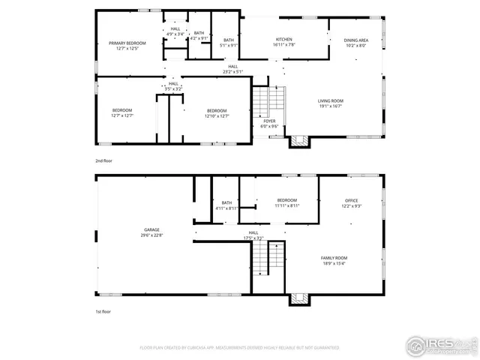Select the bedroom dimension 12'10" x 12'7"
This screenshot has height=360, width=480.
pos(216,116)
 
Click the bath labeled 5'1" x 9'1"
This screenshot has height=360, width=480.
pos(229,43)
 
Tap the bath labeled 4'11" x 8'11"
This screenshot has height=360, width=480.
pos(226,205)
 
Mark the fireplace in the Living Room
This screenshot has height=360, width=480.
pos(298,139)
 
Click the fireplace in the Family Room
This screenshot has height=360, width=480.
pos(299,298)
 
